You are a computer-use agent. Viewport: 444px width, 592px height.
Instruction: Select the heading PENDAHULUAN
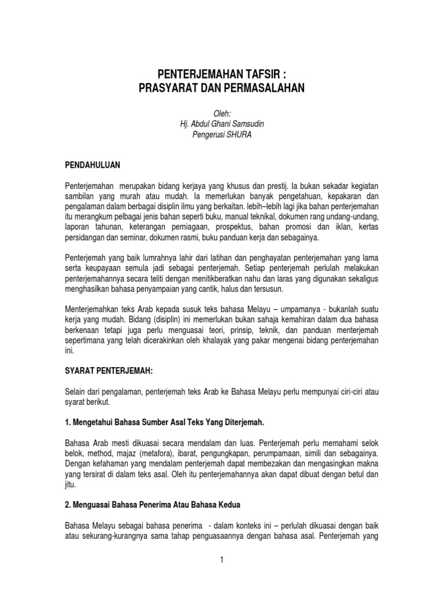click(92, 165)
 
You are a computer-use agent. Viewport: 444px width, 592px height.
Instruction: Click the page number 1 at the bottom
click(222, 560)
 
